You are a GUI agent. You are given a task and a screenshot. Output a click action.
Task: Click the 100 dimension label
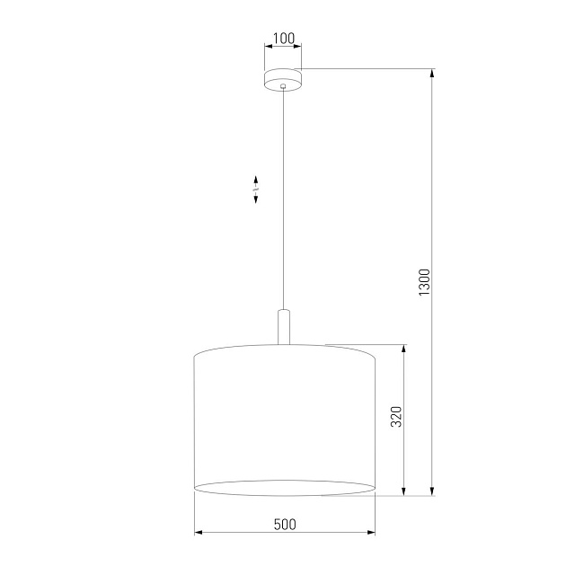[x=283, y=38]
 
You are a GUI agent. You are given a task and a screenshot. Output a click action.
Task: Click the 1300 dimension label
[x=426, y=282]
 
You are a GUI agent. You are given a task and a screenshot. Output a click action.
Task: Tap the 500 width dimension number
[x=284, y=524]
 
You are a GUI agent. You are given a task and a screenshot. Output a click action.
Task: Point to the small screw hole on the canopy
[x=283, y=87]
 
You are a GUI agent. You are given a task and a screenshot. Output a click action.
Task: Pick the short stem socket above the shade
[x=284, y=326]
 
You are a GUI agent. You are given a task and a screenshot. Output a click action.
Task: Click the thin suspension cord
[x=284, y=198]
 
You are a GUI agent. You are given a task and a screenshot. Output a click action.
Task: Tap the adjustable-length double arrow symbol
[x=256, y=189]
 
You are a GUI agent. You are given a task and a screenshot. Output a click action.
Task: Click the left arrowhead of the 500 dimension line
[x=199, y=534]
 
